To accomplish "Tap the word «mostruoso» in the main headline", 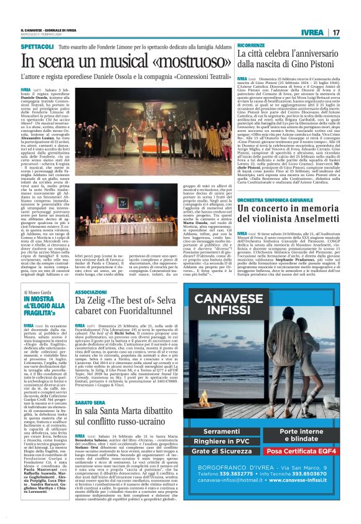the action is tap(189, 63).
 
